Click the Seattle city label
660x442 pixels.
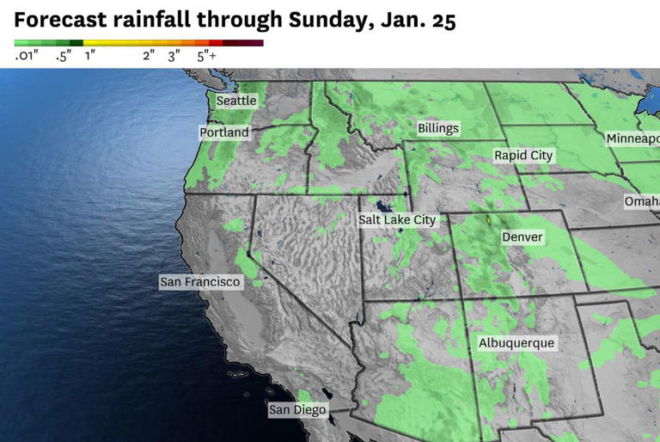(236, 101)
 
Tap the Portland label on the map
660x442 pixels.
(224, 132)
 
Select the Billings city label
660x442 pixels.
(438, 128)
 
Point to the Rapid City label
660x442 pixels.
(523, 155)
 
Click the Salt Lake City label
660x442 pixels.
(397, 219)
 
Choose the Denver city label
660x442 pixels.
(522, 236)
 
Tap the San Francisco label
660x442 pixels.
(200, 281)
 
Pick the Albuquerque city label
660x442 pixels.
(516, 343)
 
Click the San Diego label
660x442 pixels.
(297, 409)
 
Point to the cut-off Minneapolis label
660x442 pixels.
(632, 138)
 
